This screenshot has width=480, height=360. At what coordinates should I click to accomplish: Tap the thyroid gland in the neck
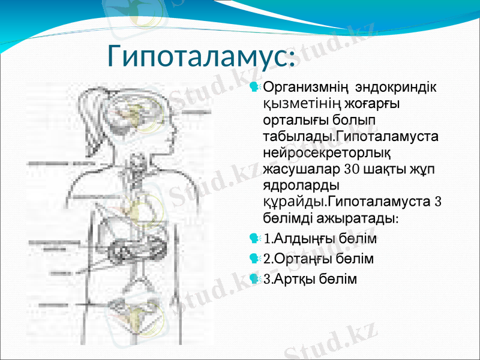(x=140, y=162)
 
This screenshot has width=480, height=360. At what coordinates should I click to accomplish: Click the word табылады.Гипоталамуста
(x=350, y=136)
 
